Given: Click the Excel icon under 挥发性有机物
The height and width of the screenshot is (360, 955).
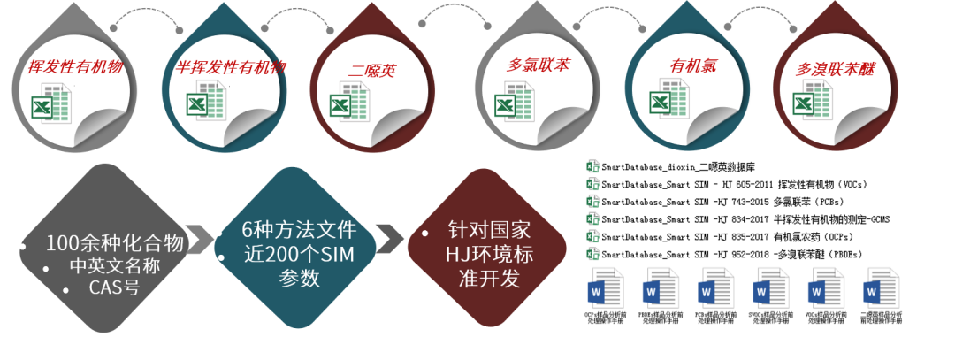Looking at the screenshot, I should pyautogui.click(x=53, y=105).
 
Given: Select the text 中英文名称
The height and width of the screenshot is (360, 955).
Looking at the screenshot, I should pyautogui.click(x=115, y=266).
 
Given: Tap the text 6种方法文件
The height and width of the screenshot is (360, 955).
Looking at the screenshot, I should pyautogui.click(x=299, y=231).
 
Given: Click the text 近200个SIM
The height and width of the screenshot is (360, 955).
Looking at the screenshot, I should pyautogui.click(x=299, y=256).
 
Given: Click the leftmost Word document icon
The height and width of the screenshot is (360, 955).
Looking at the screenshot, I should pyautogui.click(x=605, y=288).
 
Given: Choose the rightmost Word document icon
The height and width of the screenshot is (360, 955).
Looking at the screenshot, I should pyautogui.click(x=879, y=288).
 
